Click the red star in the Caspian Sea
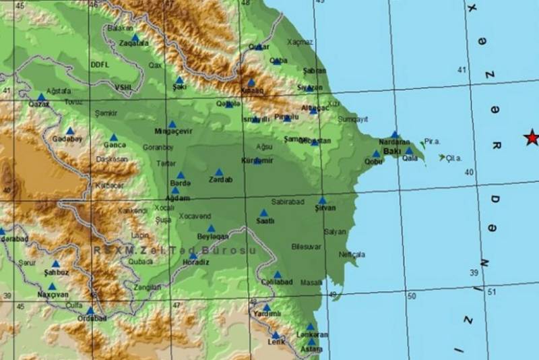(x=532, y=138)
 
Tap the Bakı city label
(x=391, y=152)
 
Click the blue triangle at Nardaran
(x=394, y=135)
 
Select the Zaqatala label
(x=133, y=42)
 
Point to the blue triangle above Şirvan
(x=323, y=200)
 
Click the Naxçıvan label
(x=53, y=295)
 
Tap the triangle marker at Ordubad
(x=90, y=311)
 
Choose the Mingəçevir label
(x=173, y=131)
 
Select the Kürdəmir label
(x=257, y=160)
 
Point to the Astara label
(x=311, y=350)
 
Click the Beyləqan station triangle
(x=211, y=229)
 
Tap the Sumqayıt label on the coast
(x=353, y=119)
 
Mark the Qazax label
(x=39, y=104)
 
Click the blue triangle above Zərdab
(x=219, y=173)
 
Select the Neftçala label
(x=352, y=255)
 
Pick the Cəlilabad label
(x=277, y=282)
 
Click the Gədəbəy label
(x=67, y=139)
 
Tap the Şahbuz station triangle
(x=55, y=264)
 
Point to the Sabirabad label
(x=288, y=202)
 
